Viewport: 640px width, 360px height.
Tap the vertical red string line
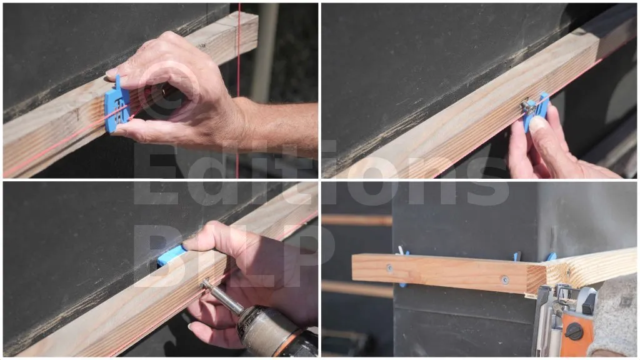click(238, 90)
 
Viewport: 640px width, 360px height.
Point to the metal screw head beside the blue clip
click(529, 107)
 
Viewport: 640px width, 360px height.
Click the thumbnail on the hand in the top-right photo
click(537, 123)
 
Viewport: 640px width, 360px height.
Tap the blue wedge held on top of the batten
click(171, 256)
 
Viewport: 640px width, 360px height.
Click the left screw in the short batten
click(389, 268)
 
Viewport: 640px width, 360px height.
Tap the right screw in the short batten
click(505, 279)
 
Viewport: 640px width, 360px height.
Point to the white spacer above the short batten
click(402, 250)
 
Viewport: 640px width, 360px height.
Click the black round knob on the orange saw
click(574, 331)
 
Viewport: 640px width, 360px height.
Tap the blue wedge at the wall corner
click(551, 257)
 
